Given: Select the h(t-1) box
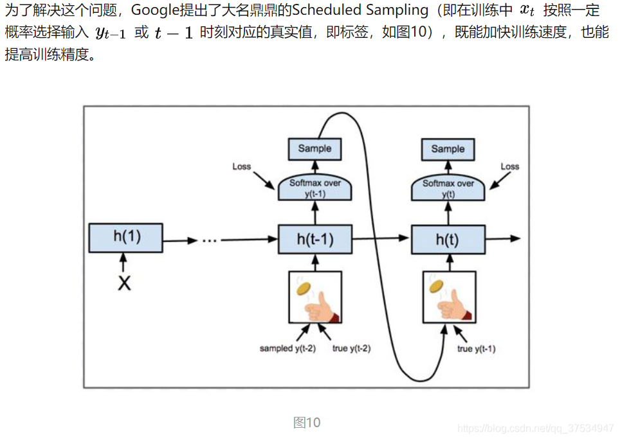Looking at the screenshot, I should coord(315,240).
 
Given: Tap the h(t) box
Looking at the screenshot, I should coord(448,240).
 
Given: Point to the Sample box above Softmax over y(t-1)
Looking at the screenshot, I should coord(315,148).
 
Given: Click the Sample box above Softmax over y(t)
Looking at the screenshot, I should coord(448,148).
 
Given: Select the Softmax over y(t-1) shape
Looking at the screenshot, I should coord(315,188).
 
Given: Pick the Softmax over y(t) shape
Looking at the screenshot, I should coord(448,188).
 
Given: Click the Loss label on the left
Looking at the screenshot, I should coord(241,166).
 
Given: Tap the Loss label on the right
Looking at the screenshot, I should coord(509,166).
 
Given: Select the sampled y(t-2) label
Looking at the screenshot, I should coord(287,349).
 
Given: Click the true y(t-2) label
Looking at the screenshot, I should coord(351,349).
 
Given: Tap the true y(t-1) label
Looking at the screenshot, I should coord(476,349).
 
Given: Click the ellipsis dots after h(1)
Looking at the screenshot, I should coord(210,240).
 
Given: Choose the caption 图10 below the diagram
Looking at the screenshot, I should coord(307,422).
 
